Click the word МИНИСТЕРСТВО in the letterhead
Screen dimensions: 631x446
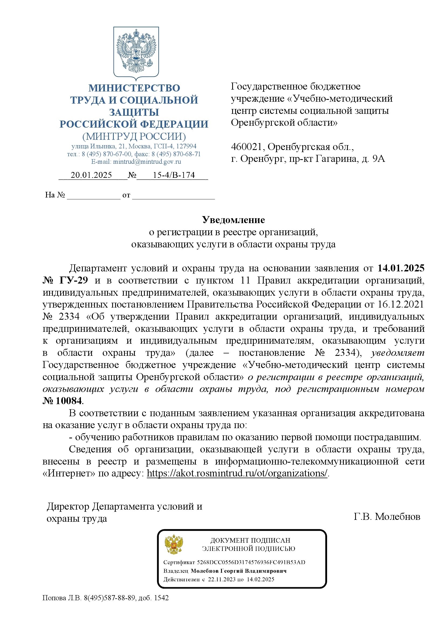coord(134,88)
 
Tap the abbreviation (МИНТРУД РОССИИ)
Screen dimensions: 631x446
coord(134,137)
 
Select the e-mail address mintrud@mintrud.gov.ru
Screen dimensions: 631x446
coord(147,162)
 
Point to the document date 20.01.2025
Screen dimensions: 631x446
coord(91,175)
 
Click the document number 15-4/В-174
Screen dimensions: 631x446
coord(174,175)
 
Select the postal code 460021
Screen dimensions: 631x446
coord(246,147)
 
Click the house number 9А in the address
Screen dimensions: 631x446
coord(378,159)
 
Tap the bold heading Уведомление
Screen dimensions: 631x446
coord(234,220)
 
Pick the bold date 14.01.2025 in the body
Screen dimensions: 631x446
coord(401,268)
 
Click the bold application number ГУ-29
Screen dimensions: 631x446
coord(74,280)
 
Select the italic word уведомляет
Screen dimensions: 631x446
coord(398,353)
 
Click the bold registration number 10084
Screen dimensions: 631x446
coord(69,401)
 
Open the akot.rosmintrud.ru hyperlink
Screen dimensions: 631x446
coord(237,473)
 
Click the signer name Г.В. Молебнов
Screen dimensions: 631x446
coord(387,517)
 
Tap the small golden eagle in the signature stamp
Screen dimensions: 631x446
coord(174,544)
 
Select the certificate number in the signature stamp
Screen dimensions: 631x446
coord(251,562)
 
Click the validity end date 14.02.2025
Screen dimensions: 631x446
coord(260,579)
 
